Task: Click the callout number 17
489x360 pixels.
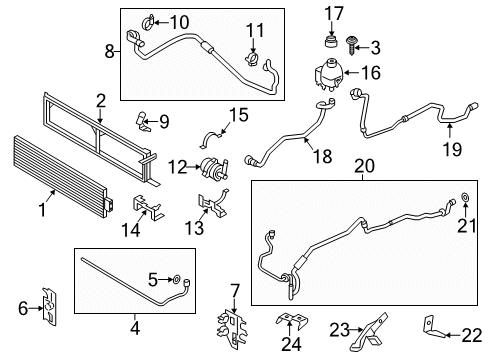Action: click(x=334, y=14)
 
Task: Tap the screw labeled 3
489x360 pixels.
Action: click(x=351, y=45)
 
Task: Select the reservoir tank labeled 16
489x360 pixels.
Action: click(x=328, y=74)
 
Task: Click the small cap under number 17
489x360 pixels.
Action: click(x=330, y=41)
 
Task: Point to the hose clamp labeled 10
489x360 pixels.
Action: click(x=148, y=22)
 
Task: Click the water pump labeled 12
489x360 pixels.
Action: click(x=214, y=167)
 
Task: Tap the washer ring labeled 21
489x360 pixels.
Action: click(x=465, y=197)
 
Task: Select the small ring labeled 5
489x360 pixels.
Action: click(x=177, y=279)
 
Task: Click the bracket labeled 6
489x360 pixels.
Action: click(x=49, y=306)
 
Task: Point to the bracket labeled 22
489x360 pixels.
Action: click(x=433, y=328)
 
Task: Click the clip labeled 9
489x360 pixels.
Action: click(x=142, y=121)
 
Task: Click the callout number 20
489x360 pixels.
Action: click(x=364, y=166)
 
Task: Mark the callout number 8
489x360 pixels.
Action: click(x=110, y=52)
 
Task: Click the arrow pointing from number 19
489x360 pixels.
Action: click(x=449, y=130)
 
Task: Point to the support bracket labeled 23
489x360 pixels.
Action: click(x=368, y=332)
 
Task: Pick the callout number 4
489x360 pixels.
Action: click(x=135, y=329)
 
